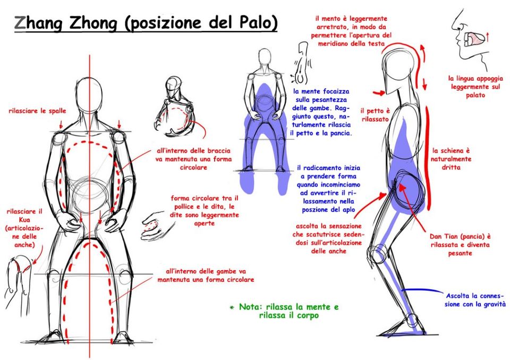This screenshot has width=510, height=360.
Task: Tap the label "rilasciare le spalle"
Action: coord(37,111)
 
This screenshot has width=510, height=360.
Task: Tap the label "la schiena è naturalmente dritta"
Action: coord(452,159)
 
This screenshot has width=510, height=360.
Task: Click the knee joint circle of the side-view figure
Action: coord(379,254)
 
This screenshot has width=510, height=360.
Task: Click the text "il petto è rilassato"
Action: coord(376,115)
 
